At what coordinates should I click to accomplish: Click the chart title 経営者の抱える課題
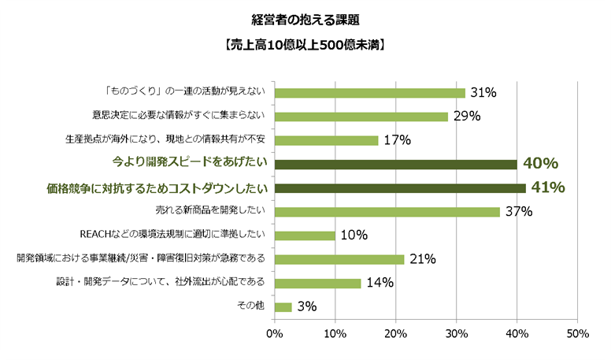(305, 17)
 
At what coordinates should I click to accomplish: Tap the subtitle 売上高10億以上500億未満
(305, 44)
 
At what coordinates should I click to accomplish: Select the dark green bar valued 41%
(400, 188)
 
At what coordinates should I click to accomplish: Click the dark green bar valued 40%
(396, 164)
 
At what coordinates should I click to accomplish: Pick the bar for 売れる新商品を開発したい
(387, 211)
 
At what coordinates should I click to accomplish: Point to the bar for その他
(283, 306)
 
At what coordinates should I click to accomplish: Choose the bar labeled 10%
(305, 235)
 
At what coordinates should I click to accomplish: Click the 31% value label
(483, 93)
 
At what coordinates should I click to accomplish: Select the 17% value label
(397, 140)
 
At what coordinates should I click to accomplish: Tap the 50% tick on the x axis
(577, 334)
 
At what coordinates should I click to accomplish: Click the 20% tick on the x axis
(395, 334)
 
